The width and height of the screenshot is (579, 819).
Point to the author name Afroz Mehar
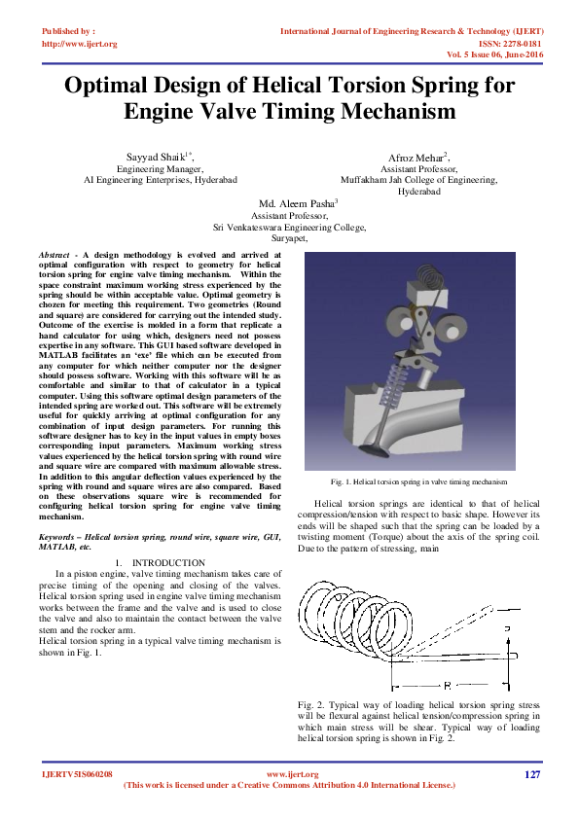[416, 158]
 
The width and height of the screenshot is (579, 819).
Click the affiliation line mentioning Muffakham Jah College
[418, 180]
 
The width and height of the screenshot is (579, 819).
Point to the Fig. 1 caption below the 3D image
[418, 481]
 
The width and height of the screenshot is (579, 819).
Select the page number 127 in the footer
[531, 774]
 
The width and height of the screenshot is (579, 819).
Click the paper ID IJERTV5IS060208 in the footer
[78, 774]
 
